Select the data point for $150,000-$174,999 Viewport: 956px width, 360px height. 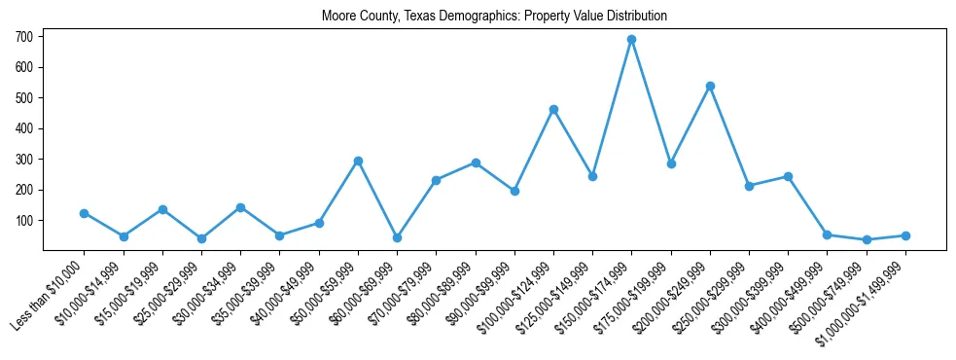pos(631,40)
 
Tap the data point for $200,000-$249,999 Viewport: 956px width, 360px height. pos(710,87)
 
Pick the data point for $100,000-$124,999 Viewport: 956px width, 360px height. pos(553,110)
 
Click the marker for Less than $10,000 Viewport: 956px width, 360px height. pos(84,213)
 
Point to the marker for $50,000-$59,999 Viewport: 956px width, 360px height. pos(358,161)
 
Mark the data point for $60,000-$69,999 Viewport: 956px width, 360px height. pos(397,237)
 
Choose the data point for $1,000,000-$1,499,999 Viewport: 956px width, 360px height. pos(905,235)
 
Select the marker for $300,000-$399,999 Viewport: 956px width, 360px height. pos(788,176)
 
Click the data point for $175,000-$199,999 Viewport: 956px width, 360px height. pos(671,163)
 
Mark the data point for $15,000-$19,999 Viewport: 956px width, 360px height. pos(162,209)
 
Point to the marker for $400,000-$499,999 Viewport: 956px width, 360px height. pos(827,234)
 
